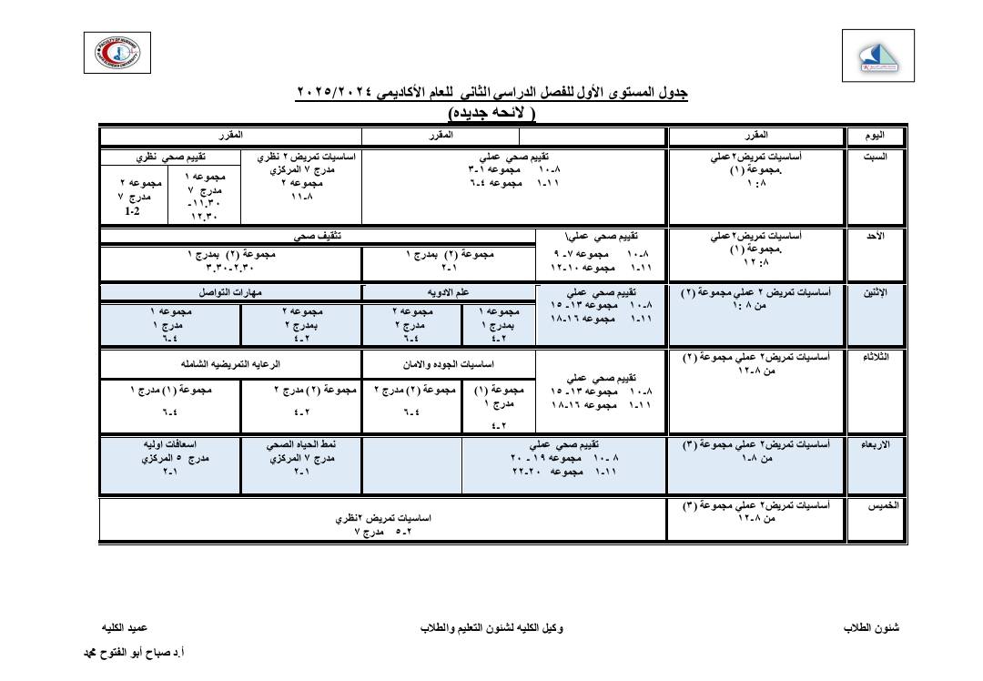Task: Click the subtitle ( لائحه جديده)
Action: coord(492,113)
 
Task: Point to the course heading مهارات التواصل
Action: coord(230,293)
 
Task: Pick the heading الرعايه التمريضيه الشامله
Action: coord(230,362)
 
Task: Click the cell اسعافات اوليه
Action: coord(171,445)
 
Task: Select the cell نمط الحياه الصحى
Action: coord(301,445)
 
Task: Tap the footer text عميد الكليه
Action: coord(124,629)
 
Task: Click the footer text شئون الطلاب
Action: coord(871,629)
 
